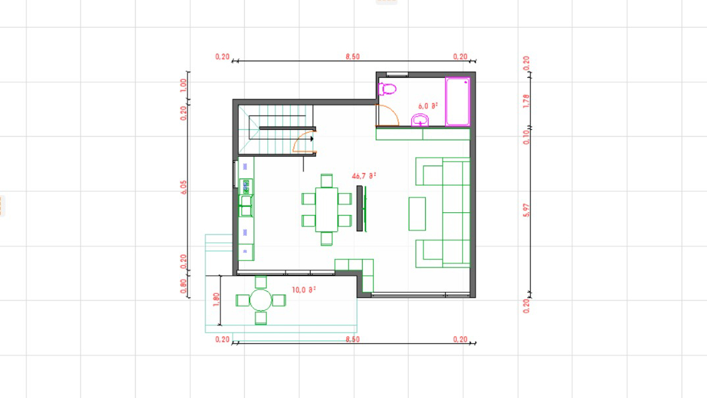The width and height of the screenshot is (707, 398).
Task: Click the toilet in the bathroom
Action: click(x=388, y=88)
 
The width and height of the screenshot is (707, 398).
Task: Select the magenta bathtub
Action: click(x=458, y=101)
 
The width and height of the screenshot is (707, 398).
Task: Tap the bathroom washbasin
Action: click(x=420, y=120)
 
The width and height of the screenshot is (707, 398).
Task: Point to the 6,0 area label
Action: click(x=428, y=105)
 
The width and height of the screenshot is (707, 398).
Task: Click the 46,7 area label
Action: click(x=364, y=176)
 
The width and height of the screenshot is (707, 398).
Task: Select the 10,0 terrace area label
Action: click(x=304, y=289)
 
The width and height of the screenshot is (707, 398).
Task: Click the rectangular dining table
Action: click(x=327, y=210)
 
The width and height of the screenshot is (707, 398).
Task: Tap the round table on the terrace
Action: click(x=261, y=300)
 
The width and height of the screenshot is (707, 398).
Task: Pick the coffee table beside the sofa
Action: click(x=417, y=213)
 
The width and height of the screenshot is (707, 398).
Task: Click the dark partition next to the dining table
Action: click(x=359, y=208)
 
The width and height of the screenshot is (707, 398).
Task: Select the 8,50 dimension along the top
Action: click(x=352, y=57)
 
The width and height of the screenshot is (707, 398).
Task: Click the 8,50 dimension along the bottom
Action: click(x=352, y=339)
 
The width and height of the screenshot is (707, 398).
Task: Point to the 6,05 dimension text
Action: click(x=184, y=187)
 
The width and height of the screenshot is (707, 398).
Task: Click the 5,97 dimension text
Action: click(x=525, y=212)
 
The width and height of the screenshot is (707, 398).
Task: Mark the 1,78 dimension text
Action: click(x=525, y=101)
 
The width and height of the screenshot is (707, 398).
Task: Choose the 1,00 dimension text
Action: click(x=184, y=85)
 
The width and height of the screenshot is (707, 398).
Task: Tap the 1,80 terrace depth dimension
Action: click(x=217, y=299)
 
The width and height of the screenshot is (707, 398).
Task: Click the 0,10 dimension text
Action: click(x=525, y=135)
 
